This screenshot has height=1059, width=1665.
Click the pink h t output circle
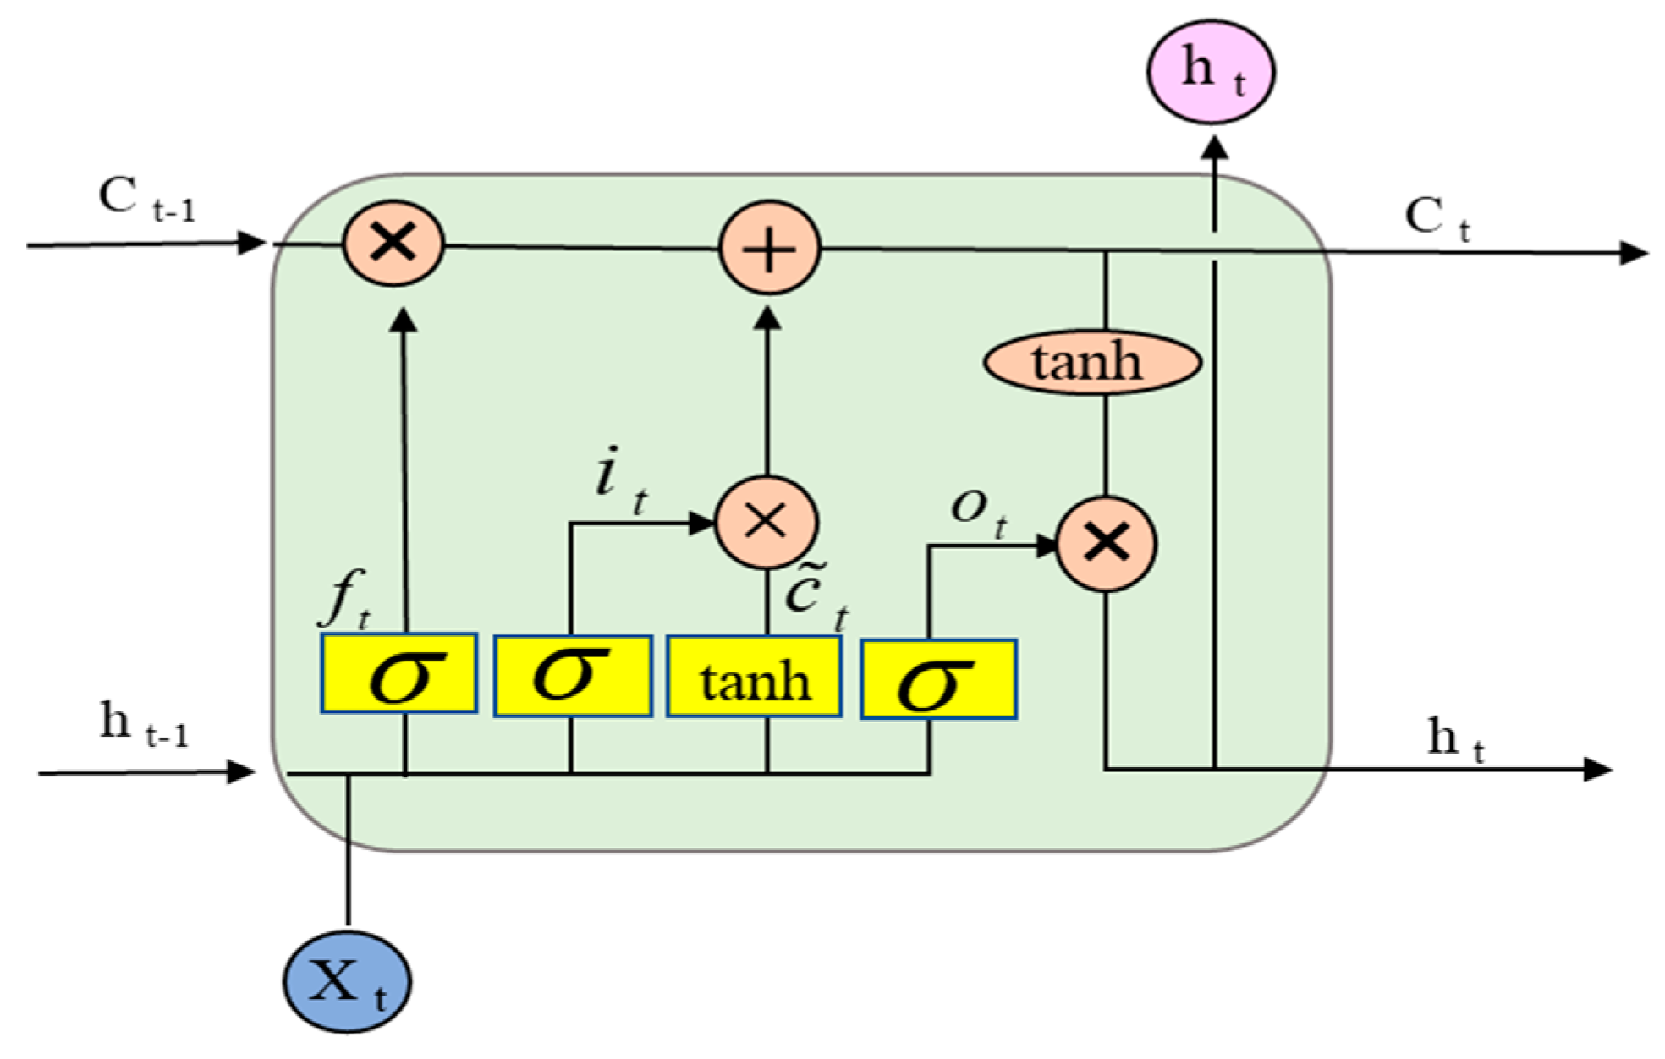[1211, 72]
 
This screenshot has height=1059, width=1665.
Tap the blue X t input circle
[347, 983]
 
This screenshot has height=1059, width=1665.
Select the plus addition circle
[769, 249]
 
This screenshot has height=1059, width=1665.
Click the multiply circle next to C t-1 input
[393, 244]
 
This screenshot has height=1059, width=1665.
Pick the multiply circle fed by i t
[767, 521]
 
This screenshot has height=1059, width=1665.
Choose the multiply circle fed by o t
[1106, 542]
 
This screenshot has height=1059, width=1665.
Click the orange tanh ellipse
[1091, 363]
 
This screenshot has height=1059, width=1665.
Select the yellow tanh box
[754, 678]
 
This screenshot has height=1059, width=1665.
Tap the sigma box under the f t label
[399, 674]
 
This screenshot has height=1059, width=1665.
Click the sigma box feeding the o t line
[938, 680]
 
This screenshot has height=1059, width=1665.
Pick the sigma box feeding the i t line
[573, 677]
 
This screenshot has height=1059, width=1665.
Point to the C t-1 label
[146, 200]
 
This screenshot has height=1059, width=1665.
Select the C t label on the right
[1437, 218]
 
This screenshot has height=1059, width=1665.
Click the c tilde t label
[815, 596]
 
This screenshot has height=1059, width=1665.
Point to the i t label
[620, 480]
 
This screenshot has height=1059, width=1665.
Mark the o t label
[978, 512]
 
